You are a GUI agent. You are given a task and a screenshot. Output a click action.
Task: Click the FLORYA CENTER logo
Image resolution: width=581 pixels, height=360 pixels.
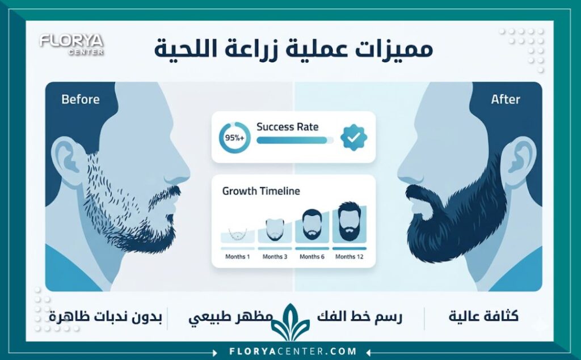click(x=71, y=44)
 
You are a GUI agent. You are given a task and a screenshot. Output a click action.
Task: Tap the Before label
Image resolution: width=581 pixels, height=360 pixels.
click(x=80, y=99)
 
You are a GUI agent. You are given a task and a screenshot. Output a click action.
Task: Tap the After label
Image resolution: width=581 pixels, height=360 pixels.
click(x=505, y=99)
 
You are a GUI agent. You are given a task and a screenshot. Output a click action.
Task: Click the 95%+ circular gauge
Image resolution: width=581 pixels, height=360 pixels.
click(x=234, y=137)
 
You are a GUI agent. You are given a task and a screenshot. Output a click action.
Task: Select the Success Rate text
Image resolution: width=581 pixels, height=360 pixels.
click(x=287, y=127)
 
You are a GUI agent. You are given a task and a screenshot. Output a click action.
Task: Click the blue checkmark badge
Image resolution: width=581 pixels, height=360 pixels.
click(x=353, y=137)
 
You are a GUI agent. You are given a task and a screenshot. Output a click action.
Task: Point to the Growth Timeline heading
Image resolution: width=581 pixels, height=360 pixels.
click(x=261, y=191)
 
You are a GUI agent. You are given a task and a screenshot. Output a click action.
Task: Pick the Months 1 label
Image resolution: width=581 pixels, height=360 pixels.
click(x=237, y=257)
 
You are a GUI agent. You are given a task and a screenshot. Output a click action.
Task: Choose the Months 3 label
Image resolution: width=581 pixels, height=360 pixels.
click(x=275, y=257)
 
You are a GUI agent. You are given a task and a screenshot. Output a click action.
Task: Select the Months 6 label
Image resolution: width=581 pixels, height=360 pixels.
click(x=311, y=257)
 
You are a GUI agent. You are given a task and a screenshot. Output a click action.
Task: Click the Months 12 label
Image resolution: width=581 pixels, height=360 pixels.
click(x=349, y=257)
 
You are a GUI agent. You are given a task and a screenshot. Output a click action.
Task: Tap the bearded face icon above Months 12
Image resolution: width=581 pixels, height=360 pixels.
click(x=349, y=222)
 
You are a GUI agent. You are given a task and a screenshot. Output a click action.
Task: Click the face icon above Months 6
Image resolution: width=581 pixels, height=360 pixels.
click(x=311, y=225)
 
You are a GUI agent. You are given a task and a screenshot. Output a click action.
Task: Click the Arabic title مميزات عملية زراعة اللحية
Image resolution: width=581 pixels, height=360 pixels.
click(x=293, y=49)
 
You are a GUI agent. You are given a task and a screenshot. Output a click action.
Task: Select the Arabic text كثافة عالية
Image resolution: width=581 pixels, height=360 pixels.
click(x=483, y=317)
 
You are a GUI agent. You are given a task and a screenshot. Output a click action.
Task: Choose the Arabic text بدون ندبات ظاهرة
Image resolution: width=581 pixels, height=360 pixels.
click(x=106, y=317)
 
